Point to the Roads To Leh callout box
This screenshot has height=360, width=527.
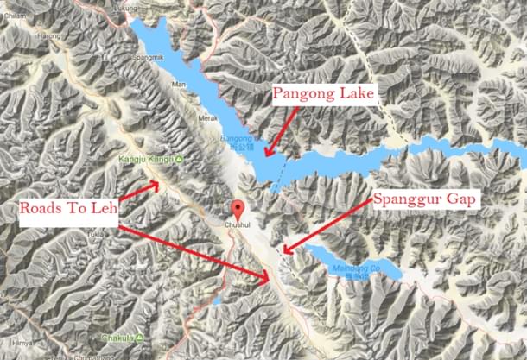(x=67, y=209)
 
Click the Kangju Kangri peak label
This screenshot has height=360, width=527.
(x=144, y=160)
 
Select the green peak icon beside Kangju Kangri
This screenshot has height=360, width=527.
(x=177, y=160)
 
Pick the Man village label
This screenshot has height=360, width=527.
(x=179, y=85)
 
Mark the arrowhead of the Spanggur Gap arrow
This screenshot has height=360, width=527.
(x=283, y=253)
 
